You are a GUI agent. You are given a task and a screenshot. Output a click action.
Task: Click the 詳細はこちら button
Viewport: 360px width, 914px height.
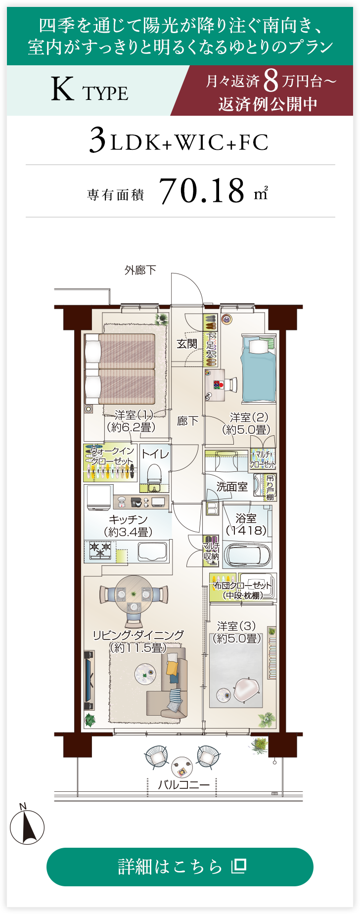pos(180,867)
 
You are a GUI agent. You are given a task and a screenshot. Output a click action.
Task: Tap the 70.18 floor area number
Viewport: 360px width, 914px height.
pos(202,190)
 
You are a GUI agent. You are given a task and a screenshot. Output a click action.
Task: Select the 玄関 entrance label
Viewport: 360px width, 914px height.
pos(187,344)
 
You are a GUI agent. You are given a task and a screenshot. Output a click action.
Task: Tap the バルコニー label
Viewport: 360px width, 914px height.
pos(184,784)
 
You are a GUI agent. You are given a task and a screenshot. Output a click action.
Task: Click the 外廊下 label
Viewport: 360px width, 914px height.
pos(140,270)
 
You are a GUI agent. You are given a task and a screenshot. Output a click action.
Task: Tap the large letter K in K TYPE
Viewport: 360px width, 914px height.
pos(62,90)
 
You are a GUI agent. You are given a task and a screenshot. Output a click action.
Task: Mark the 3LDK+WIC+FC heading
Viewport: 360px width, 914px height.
pos(179,141)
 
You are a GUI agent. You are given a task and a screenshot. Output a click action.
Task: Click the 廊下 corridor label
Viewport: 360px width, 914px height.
pos(187,421)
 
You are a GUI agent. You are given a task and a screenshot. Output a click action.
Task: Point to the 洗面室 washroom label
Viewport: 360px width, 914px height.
pos(232,487)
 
